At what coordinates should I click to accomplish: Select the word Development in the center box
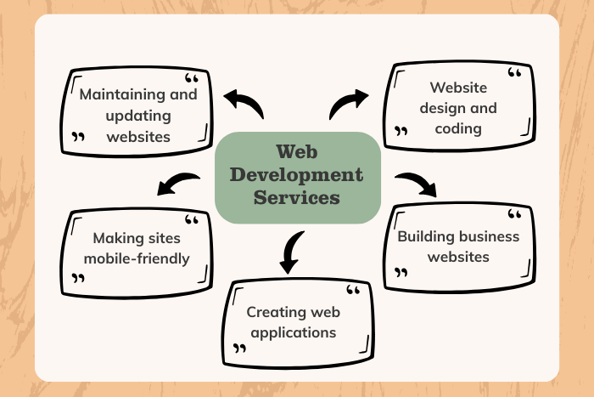point(296,176)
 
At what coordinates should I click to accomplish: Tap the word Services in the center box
point(296,197)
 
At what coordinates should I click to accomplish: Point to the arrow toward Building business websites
point(416,182)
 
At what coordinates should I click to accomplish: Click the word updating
point(138,115)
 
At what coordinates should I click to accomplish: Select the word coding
point(459,129)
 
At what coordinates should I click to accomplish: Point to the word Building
point(424,235)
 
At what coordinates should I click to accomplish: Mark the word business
point(490,235)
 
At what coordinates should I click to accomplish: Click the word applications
point(292,332)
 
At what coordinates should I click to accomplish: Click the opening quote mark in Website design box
point(514,74)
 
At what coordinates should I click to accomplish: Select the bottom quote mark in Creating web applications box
point(240,349)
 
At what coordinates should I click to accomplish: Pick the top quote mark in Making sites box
point(192,221)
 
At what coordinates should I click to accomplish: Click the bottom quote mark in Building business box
point(401,274)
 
